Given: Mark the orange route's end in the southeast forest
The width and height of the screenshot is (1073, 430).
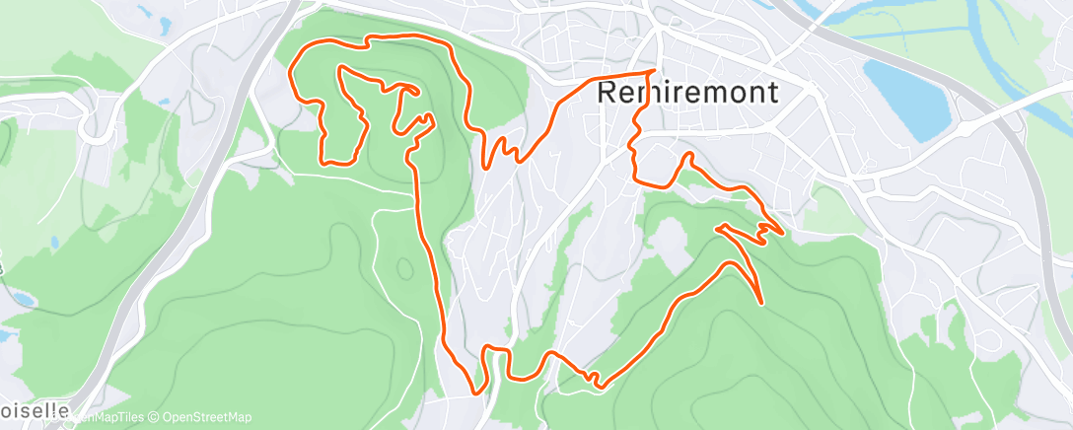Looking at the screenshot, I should [x=761, y=302].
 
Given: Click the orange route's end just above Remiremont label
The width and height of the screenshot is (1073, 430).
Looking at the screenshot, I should [x=656, y=71].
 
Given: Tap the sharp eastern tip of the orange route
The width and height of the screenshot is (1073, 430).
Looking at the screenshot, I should [x=783, y=233].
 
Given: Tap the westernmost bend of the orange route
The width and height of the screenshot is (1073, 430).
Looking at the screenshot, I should [x=289, y=75].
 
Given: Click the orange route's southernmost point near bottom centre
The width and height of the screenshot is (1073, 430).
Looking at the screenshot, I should [x=480, y=393].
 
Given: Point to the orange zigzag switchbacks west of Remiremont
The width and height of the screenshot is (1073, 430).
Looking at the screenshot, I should [x=503, y=149].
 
